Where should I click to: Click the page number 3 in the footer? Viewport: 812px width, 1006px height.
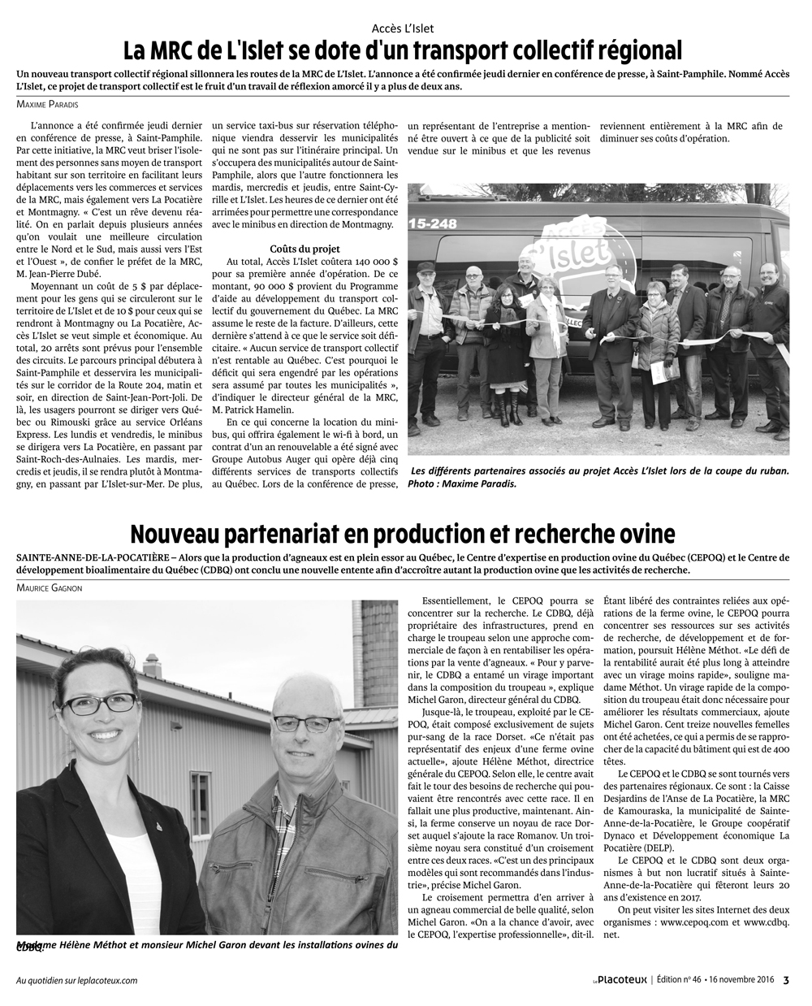coord(786,980)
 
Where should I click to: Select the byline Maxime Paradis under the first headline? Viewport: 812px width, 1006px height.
coord(49,102)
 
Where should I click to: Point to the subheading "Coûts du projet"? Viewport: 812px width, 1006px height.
coord(304,248)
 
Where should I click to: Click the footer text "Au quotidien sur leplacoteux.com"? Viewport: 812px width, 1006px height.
coord(77,981)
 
